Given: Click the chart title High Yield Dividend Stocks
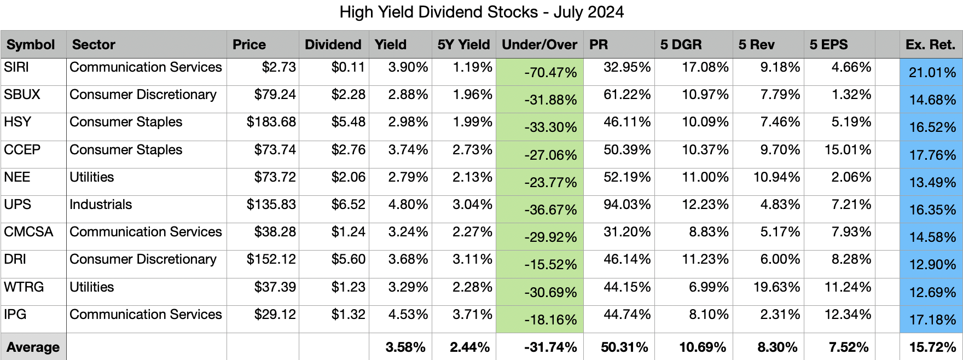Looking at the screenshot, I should pyautogui.click(x=481, y=12).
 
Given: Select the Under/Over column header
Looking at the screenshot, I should pyautogui.click(x=539, y=45).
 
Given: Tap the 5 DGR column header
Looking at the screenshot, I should pyautogui.click(x=681, y=45).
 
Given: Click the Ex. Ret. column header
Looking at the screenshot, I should pyautogui.click(x=930, y=45).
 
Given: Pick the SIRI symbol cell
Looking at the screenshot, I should pyautogui.click(x=16, y=67).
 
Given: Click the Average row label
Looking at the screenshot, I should pyautogui.click(x=33, y=347).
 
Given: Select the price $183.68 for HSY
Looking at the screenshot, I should pyautogui.click(x=271, y=122).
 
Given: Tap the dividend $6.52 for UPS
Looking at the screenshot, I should pyautogui.click(x=348, y=205).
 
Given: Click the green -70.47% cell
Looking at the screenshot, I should pyautogui.click(x=550, y=73).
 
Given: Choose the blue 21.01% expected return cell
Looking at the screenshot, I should pyautogui.click(x=932, y=73).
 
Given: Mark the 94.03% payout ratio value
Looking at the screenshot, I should pyautogui.click(x=626, y=205).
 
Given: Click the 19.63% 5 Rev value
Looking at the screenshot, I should pyautogui.click(x=776, y=287).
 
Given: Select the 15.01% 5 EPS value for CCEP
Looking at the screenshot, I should pyautogui.click(x=848, y=150).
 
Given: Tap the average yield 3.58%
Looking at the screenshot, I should pyautogui.click(x=405, y=347).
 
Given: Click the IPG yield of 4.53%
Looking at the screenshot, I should pyautogui.click(x=408, y=315).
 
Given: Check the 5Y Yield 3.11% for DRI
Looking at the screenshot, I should pyautogui.click(x=472, y=259).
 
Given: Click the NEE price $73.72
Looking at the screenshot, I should pyautogui.click(x=275, y=177).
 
